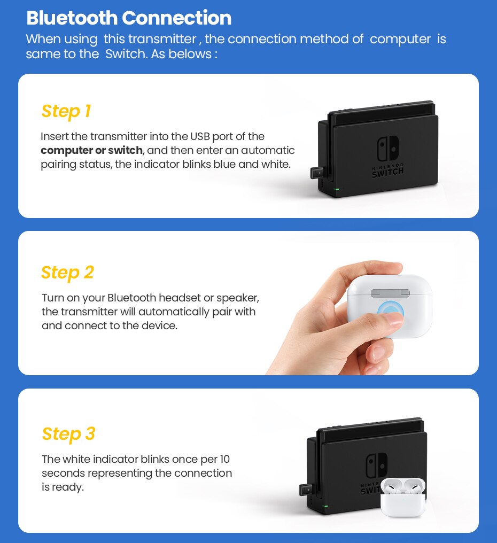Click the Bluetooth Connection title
pyautogui.click(x=129, y=18)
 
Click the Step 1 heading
pyautogui.click(x=66, y=111)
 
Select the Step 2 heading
pyautogui.click(x=67, y=273)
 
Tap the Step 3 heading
pyautogui.click(x=68, y=434)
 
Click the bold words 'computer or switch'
pyautogui.click(x=91, y=150)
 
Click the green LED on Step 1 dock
pyautogui.click(x=336, y=189)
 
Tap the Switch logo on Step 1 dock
pyautogui.click(x=387, y=149)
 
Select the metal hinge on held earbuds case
pyautogui.click(x=390, y=293)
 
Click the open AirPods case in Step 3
pyautogui.click(x=403, y=497)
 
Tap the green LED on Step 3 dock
pyautogui.click(x=324, y=506)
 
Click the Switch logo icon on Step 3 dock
pyautogui.click(x=376, y=466)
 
